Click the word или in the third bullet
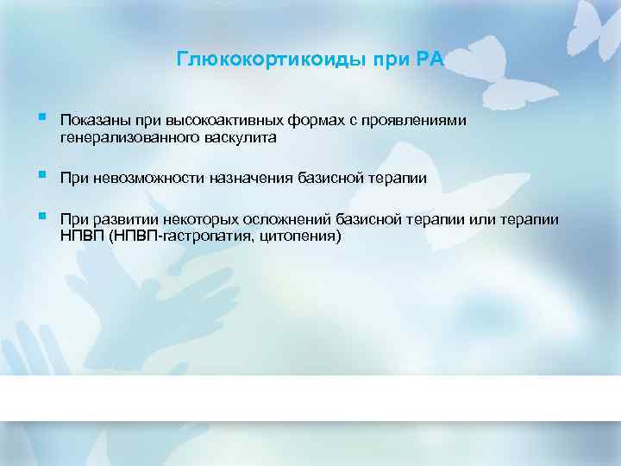point(482,219)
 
